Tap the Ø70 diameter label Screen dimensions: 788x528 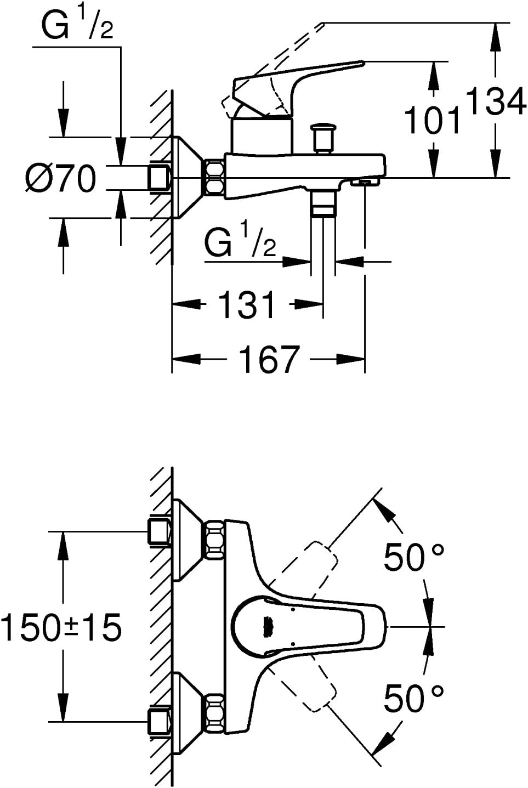pyautogui.click(x=60, y=179)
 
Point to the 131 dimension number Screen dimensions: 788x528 pyautogui.click(x=247, y=304)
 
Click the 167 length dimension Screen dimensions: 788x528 pyautogui.click(x=269, y=360)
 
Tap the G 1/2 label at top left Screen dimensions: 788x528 pyautogui.click(x=77, y=26)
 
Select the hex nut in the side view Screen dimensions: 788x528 pyautogui.click(x=215, y=177)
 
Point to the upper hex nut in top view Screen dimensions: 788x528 pyautogui.click(x=215, y=541)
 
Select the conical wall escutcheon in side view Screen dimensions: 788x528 pyautogui.click(x=186, y=177)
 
